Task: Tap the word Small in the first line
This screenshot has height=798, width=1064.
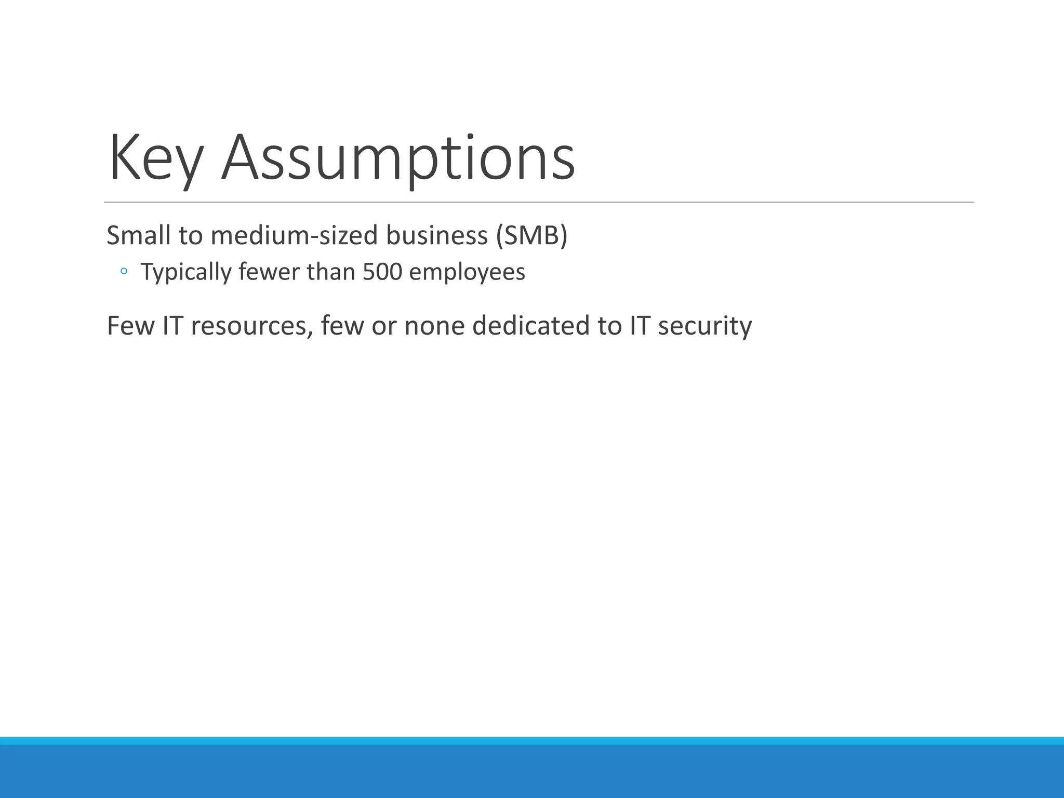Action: coord(138,235)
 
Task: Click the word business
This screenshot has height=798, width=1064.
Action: coord(436,235)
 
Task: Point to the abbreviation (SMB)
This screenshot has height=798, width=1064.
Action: coord(531,235)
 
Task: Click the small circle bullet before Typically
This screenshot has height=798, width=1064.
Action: coord(124,271)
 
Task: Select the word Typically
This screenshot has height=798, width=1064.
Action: coord(185,272)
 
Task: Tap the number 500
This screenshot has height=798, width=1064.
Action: coord(382,272)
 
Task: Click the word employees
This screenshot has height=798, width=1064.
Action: coord(467,272)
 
